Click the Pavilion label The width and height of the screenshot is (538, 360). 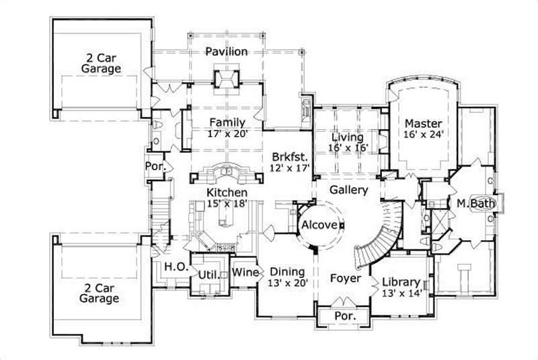pyautogui.click(x=227, y=52)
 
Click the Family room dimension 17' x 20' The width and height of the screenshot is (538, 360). pyautogui.click(x=229, y=134)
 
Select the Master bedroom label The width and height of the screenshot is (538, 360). pyautogui.click(x=424, y=124)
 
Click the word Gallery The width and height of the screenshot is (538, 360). pyautogui.click(x=348, y=190)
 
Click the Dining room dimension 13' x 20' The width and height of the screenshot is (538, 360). pyautogui.click(x=289, y=283)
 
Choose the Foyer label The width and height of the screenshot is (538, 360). pyautogui.click(x=346, y=278)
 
